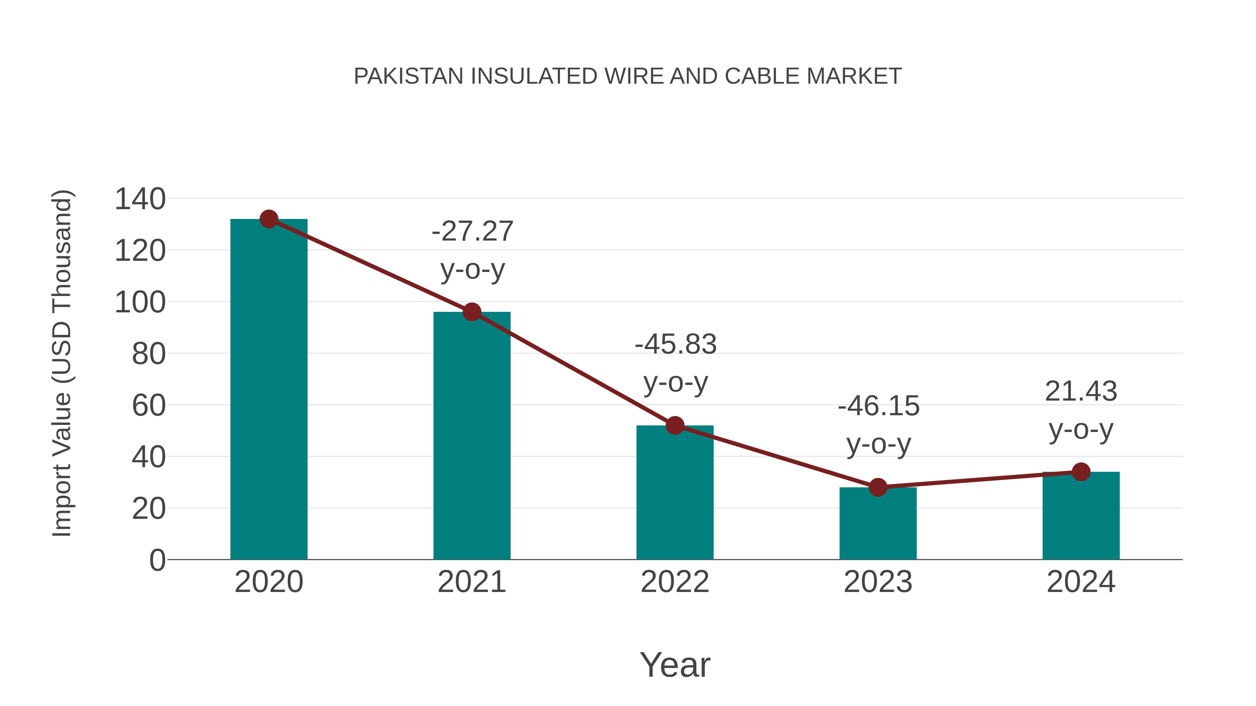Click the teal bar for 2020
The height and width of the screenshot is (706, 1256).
(x=269, y=390)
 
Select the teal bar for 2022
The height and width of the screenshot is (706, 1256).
(x=675, y=492)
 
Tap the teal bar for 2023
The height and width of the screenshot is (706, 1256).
(x=878, y=524)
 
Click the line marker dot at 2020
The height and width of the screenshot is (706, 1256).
(x=269, y=219)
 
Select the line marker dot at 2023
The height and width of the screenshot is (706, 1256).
(x=878, y=487)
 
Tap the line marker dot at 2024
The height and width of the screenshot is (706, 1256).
(x=1081, y=472)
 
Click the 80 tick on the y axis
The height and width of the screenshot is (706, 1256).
(x=149, y=354)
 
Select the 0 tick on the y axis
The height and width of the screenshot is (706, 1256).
(x=157, y=560)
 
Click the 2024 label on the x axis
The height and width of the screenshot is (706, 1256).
(x=1081, y=582)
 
